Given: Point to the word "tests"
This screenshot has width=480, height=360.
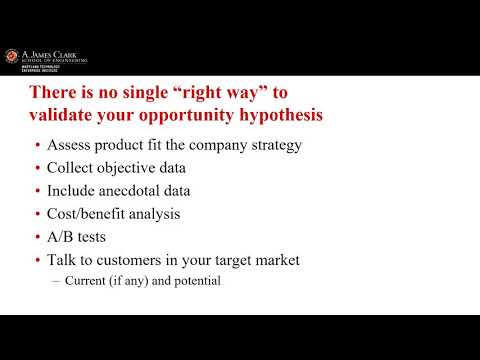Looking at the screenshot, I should [x=98, y=237].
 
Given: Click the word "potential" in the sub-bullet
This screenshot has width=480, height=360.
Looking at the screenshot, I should [x=196, y=281].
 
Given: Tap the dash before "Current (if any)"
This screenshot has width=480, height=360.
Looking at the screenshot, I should [x=56, y=281].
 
